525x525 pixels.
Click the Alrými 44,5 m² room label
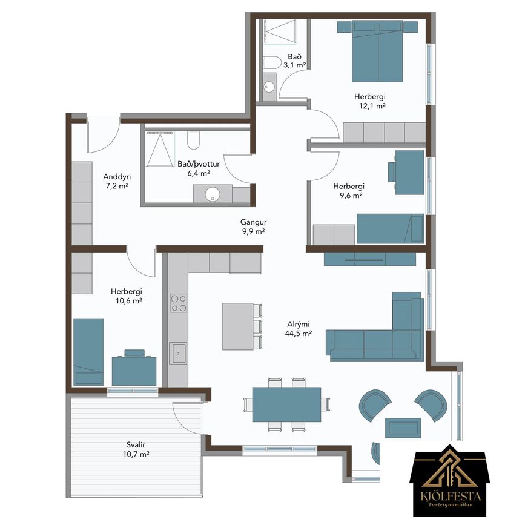(299, 329)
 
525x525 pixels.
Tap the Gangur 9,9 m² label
(254, 226)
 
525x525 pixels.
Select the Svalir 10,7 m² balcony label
(136, 450)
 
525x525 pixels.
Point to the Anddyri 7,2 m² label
(117, 181)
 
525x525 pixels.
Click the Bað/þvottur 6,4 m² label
(199, 168)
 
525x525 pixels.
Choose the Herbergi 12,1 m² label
(370, 101)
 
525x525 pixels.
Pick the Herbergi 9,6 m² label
(349, 191)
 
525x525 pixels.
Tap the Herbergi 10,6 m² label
(127, 296)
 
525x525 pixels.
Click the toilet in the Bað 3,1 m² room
(272, 62)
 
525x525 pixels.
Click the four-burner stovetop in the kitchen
(179, 303)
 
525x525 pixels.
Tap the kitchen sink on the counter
(178, 353)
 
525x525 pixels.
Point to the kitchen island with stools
(242, 326)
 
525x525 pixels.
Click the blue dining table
(286, 404)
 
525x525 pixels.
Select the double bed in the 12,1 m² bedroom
(377, 51)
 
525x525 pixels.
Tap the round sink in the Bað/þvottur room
(213, 194)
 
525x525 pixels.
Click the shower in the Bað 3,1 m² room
(280, 32)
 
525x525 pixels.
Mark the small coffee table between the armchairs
(403, 428)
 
